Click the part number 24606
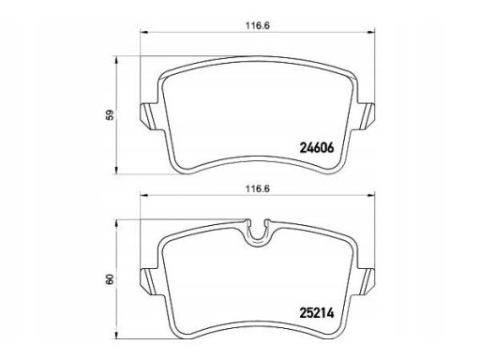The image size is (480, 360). pos(317,148)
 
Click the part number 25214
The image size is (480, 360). pos(317,313)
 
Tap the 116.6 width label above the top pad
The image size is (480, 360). pos(257,26)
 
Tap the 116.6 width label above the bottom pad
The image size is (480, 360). pos(258,189)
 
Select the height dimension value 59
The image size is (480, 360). pos(110,115)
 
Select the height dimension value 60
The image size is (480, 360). pos(110,279)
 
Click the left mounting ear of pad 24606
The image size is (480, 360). pos(147,116)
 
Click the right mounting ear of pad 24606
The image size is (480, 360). pos(367,116)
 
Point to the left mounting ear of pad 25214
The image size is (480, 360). pos(147,281)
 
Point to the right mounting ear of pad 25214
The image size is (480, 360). pos(367,281)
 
